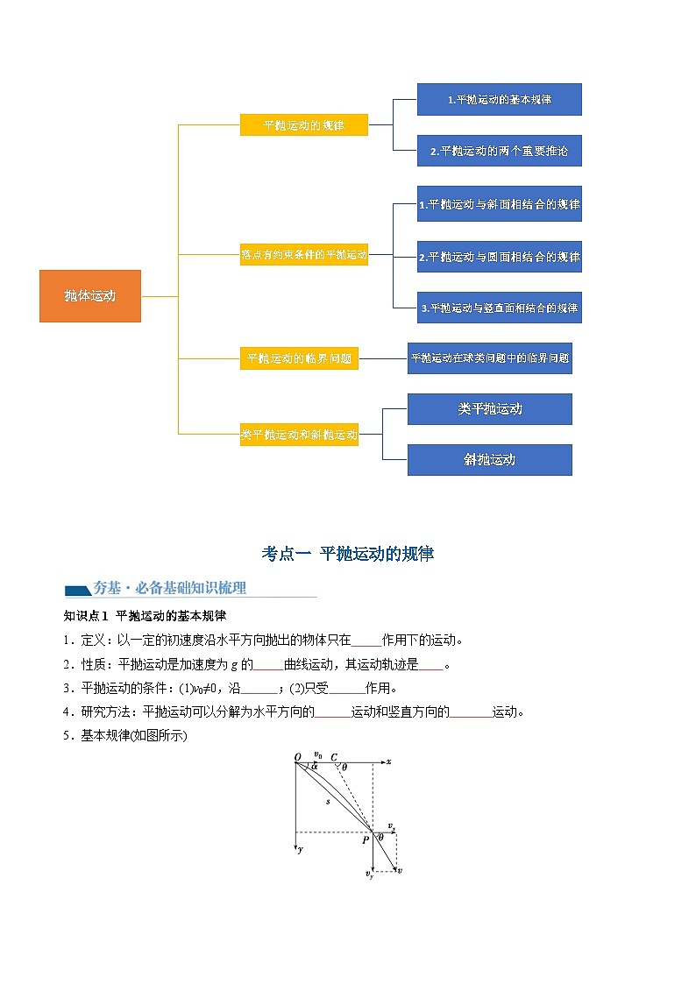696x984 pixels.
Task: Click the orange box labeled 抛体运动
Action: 89,296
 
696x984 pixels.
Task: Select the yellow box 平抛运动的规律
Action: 303,125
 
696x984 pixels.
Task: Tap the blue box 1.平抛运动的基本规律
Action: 499,100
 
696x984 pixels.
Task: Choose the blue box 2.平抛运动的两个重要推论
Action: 499,151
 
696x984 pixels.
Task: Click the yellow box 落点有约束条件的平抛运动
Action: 303,255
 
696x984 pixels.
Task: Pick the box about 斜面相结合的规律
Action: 499,205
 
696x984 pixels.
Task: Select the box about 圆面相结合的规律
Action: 499,257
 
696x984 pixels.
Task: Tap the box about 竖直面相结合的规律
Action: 499,308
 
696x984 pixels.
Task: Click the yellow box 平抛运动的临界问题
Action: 299,358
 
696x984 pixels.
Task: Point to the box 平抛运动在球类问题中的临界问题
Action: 489,358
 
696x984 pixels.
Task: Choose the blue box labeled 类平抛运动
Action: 489,409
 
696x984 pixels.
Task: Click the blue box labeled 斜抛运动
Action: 489,460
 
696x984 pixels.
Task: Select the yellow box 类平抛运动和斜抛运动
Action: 299,435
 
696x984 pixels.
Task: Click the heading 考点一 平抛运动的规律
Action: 348,554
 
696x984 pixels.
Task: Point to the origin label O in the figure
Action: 297,756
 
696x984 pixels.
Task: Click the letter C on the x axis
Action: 334,756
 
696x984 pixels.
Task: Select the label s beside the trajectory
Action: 328,801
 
